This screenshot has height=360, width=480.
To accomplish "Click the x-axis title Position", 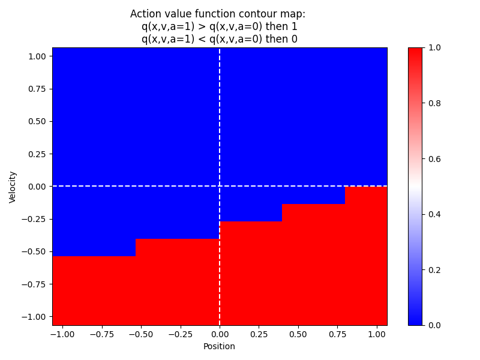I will [x=219, y=346].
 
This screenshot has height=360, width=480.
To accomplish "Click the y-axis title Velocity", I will [x=13, y=187].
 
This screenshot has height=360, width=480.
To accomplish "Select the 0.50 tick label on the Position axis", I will [x=298, y=334].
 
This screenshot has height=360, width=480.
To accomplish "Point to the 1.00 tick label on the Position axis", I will [x=377, y=334].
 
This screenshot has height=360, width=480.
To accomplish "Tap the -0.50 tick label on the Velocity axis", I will [x=36, y=251].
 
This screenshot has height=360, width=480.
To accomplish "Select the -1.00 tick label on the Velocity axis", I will [x=36, y=316].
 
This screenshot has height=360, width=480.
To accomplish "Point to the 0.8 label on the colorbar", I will [x=435, y=103].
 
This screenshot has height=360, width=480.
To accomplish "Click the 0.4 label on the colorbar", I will [x=435, y=214].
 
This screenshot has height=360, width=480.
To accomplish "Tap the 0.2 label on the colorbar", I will [x=435, y=270].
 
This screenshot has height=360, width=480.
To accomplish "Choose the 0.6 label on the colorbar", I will [x=435, y=159].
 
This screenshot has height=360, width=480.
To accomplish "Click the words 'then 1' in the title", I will [x=281, y=26].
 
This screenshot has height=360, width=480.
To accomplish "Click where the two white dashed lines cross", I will [x=220, y=187].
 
